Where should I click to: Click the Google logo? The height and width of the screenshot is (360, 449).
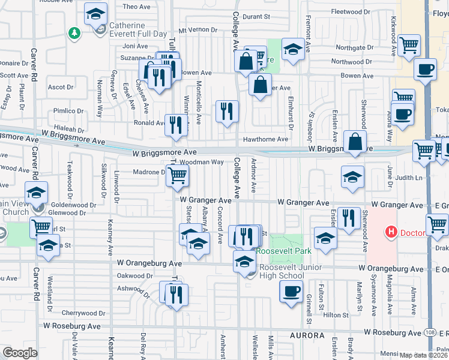point(20,353)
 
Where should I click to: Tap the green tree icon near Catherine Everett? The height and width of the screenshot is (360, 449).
point(74,33)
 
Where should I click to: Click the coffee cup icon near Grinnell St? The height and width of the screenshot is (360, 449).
point(292,292)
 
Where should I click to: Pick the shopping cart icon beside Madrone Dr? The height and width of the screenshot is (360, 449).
point(177,175)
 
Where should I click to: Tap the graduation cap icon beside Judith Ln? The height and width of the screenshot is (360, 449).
point(352,176)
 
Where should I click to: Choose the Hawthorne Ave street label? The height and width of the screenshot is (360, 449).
point(265,139)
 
